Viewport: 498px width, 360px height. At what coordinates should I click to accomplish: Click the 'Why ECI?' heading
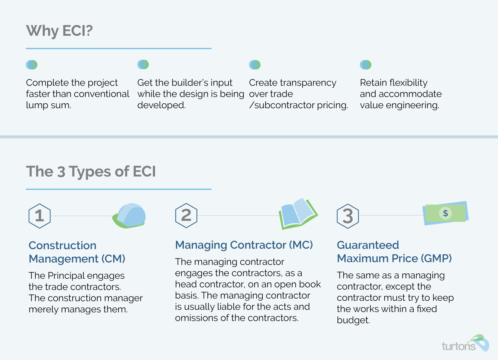(x=59, y=31)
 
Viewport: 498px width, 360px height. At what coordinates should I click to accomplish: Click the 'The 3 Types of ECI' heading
(x=91, y=171)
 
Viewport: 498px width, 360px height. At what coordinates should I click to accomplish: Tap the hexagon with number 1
(x=39, y=216)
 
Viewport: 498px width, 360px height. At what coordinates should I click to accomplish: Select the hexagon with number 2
(x=186, y=216)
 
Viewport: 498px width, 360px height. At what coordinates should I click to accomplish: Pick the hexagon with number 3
(x=347, y=216)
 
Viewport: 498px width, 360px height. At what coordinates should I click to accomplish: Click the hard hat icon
(x=130, y=215)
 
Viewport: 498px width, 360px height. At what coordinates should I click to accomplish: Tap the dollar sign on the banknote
(x=445, y=213)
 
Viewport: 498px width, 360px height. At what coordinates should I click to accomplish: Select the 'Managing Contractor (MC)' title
(x=244, y=245)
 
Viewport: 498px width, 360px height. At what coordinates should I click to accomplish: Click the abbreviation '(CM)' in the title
(x=113, y=259)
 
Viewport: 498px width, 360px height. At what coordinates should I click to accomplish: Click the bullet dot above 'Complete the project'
(x=32, y=65)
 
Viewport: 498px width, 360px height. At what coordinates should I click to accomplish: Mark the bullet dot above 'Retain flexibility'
(x=365, y=65)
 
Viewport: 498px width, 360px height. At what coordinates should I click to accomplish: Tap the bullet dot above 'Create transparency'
(x=254, y=65)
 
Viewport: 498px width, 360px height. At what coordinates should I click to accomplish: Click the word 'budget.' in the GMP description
(x=353, y=320)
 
